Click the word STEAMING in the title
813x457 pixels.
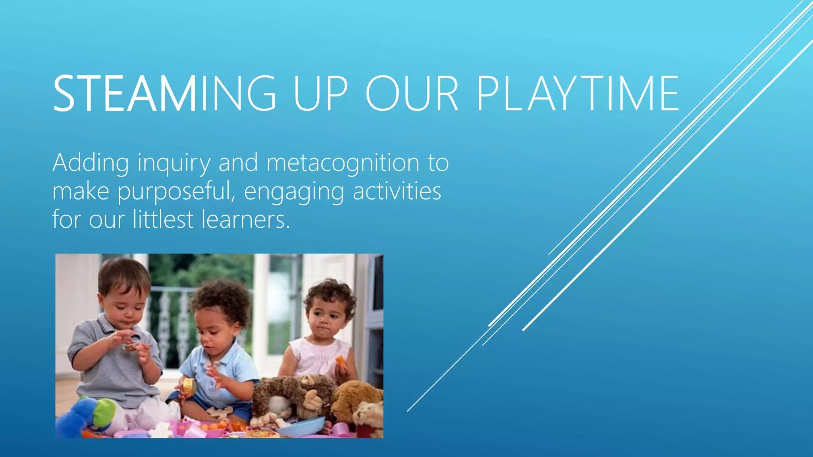pos(164,94)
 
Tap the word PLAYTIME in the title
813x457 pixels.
pos(578,94)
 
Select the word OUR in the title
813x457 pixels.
pos(412,94)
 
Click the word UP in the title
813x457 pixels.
pos(321,94)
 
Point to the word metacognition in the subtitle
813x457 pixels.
pos(343,163)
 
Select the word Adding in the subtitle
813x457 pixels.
pos(91,163)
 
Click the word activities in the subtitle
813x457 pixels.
pos(397,191)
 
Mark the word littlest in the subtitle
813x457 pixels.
pos(163,219)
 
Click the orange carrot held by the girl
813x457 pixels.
pos(341,361)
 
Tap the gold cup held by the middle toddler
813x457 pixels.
pos(189,386)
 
